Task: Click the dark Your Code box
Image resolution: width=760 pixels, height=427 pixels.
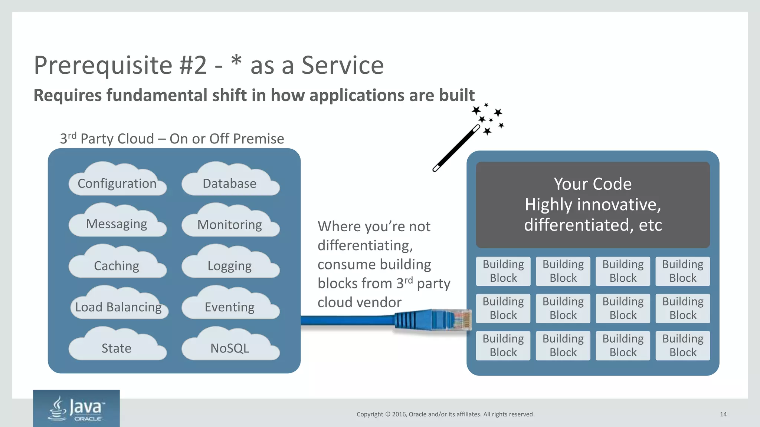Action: [x=593, y=205]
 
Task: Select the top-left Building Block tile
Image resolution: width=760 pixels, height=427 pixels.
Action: [x=503, y=271]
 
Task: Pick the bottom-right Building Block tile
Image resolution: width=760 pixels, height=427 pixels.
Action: [x=682, y=345]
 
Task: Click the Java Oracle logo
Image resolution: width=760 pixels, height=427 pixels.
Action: [x=76, y=408]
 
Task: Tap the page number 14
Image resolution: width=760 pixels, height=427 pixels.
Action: [x=723, y=414]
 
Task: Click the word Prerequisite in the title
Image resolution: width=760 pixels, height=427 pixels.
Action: [x=103, y=66]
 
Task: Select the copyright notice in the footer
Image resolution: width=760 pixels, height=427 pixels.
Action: [x=445, y=414]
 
